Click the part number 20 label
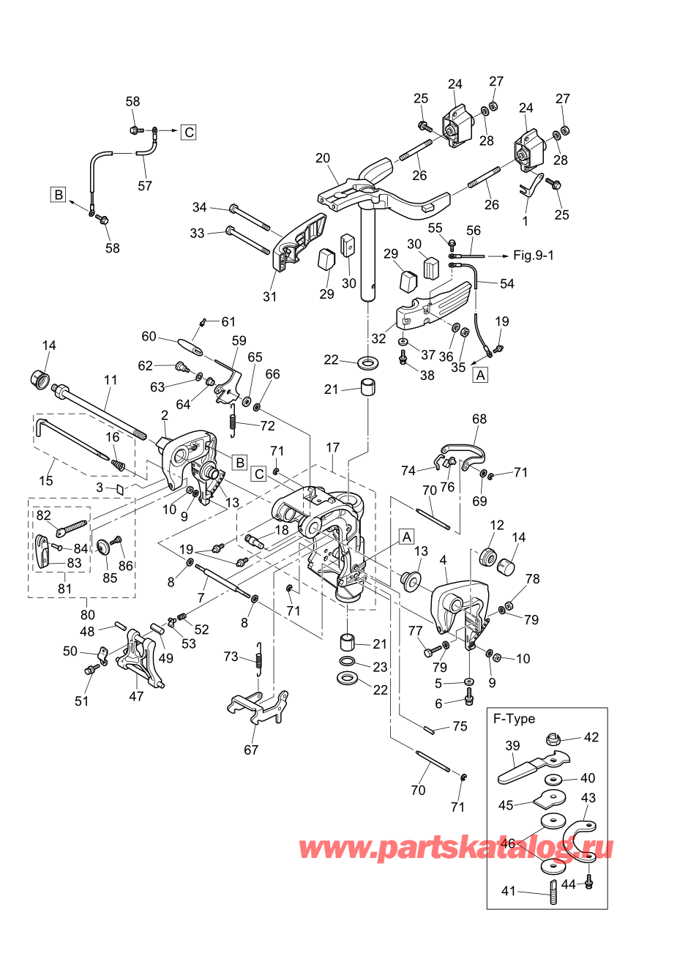323,158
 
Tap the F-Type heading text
514,719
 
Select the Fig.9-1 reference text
534,255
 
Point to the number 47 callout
136,696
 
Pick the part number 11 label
111,380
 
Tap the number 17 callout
333,447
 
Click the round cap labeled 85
103,548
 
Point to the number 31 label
269,296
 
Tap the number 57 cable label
145,186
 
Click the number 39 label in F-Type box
512,745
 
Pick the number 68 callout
479,419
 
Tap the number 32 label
378,338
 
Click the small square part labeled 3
120,490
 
